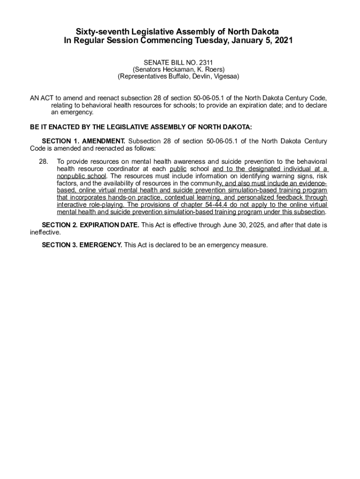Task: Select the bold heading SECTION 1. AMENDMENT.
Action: click(84, 141)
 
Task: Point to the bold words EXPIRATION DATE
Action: click(109, 225)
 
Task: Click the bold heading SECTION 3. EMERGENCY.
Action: click(82, 245)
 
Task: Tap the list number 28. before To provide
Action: click(43, 161)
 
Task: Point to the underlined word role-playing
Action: click(105, 205)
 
